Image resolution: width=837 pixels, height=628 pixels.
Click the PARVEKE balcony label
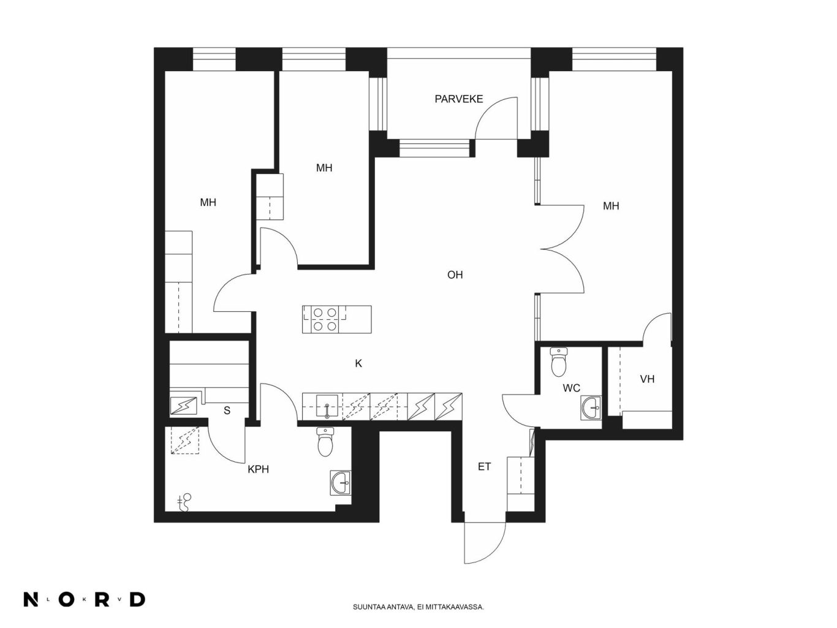click(x=459, y=99)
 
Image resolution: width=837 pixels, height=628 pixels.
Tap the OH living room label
click(x=455, y=275)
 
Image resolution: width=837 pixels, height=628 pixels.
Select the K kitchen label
click(x=358, y=364)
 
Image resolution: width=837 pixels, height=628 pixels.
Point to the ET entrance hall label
click(x=484, y=467)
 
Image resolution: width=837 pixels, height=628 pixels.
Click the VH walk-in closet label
click(x=647, y=379)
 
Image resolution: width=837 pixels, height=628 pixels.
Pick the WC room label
click(x=571, y=388)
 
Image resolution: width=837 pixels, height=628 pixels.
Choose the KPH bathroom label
click(x=258, y=469)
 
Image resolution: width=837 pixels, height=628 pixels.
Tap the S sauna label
click(x=227, y=410)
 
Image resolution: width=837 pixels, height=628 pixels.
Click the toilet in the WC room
click(x=559, y=361)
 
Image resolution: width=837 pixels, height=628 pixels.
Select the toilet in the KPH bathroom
click(x=325, y=442)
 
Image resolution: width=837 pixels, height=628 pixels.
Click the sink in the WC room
click(x=591, y=408)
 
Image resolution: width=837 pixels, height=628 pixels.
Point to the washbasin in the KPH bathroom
click(x=341, y=483)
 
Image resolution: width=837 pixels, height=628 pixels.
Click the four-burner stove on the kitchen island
click(x=325, y=320)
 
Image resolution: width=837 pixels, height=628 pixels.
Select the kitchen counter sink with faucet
click(x=327, y=406)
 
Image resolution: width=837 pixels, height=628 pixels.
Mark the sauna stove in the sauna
click(x=183, y=406)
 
